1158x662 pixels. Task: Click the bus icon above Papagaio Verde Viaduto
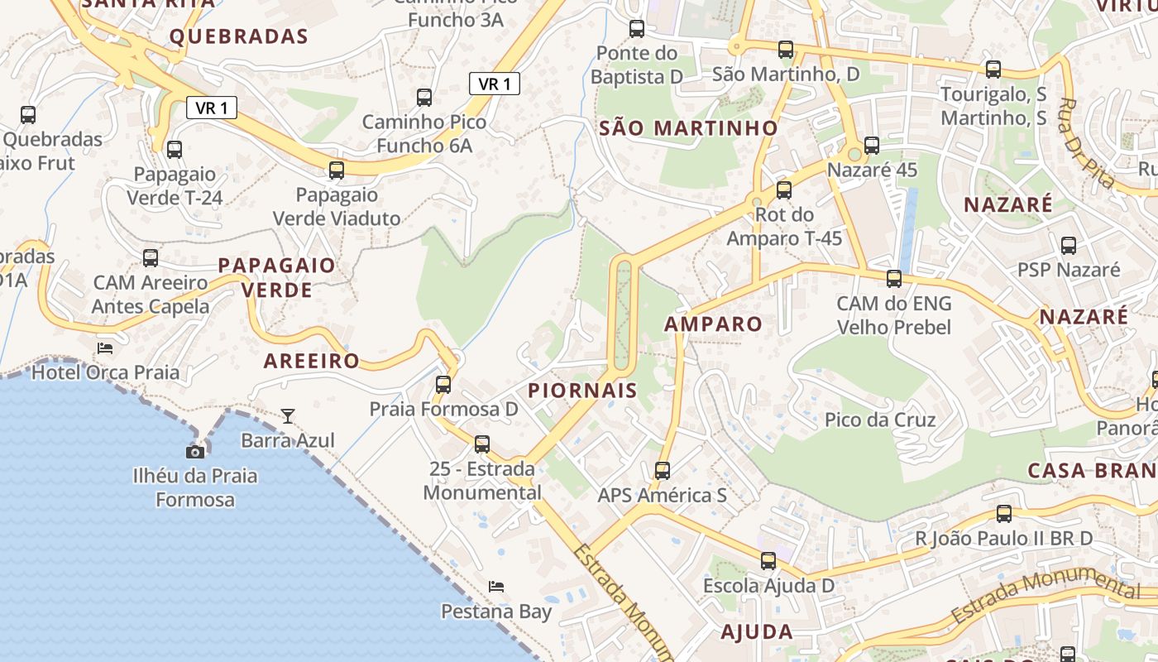click(x=336, y=170)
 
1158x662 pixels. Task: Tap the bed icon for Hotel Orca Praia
click(x=105, y=348)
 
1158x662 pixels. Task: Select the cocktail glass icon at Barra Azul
click(x=287, y=415)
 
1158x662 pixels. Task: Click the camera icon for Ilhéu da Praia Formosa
click(x=195, y=452)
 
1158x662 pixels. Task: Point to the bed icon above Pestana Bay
click(x=496, y=587)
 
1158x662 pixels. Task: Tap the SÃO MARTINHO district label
click(x=688, y=128)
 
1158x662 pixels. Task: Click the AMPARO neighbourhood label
click(x=713, y=324)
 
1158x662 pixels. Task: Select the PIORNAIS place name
click(x=582, y=391)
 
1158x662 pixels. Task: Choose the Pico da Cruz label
click(x=880, y=420)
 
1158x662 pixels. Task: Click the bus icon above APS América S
click(x=662, y=471)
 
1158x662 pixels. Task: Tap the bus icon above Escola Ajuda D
click(x=768, y=561)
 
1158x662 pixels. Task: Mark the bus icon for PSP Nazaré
click(x=1069, y=246)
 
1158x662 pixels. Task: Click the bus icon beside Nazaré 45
click(x=872, y=146)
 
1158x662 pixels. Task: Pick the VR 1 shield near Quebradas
click(x=212, y=108)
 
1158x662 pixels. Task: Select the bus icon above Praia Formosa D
click(x=443, y=385)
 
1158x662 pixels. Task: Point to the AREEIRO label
click(x=311, y=361)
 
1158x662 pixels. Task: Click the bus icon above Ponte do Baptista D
click(x=637, y=29)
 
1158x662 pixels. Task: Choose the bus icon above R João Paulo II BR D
click(x=1004, y=514)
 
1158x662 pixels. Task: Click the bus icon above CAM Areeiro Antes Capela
click(x=151, y=258)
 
